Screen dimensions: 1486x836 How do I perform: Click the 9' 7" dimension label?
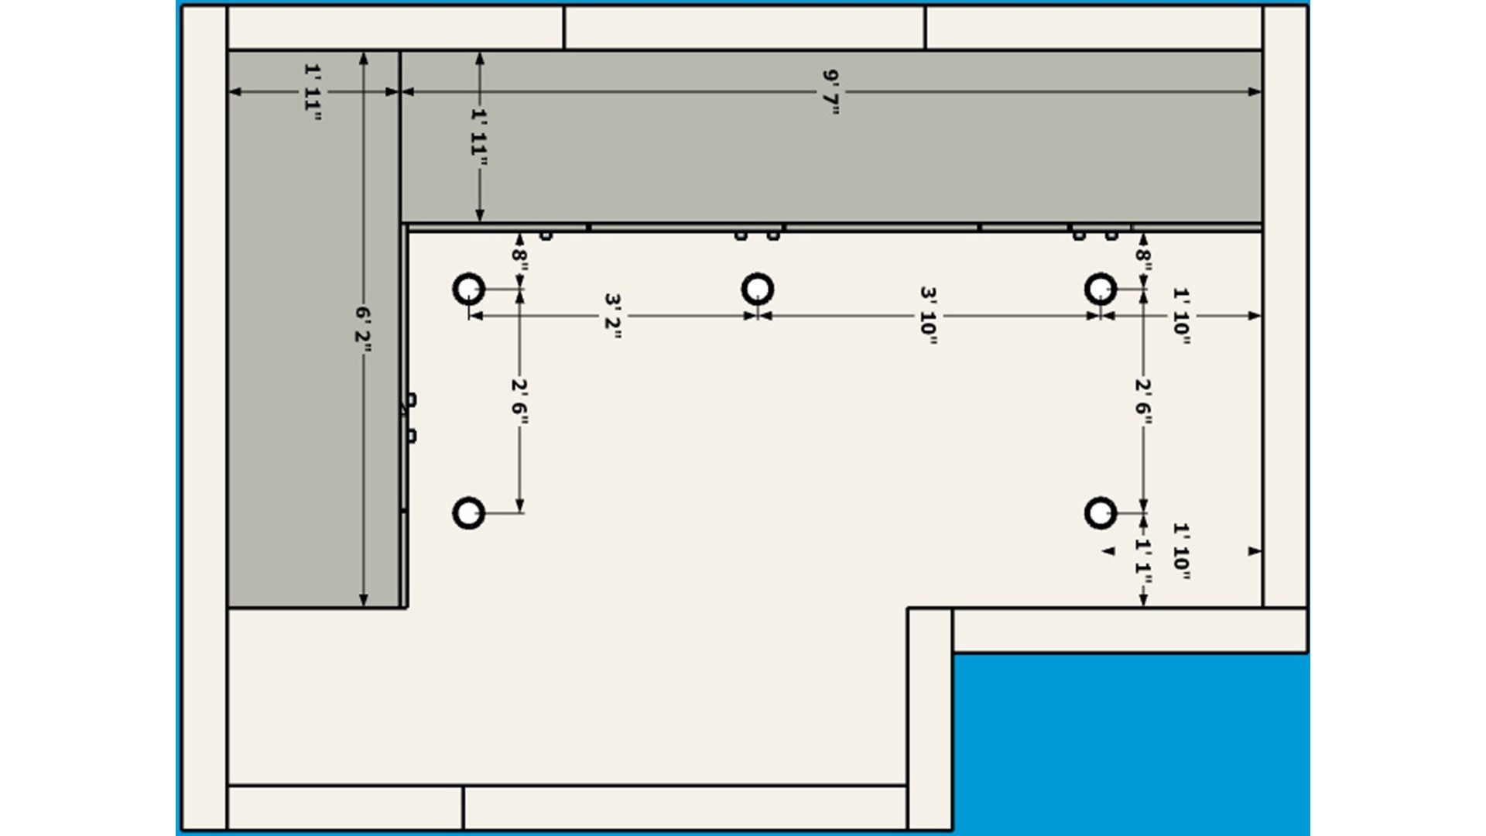tap(831, 92)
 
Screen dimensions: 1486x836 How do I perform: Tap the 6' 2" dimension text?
tap(364, 329)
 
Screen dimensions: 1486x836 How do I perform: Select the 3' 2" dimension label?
tap(613, 316)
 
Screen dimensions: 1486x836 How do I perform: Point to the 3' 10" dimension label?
tap(929, 316)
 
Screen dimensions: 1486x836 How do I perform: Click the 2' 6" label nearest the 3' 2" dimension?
tap(519, 402)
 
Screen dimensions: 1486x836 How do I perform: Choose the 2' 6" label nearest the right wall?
tap(1143, 402)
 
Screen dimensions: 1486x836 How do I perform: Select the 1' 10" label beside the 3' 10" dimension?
tap(1181, 316)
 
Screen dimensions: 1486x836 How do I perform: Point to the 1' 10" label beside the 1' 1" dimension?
tap(1181, 551)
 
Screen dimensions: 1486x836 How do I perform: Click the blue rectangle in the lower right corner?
tap(1132, 743)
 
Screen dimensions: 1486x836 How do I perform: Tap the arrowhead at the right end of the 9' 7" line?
tap(1255, 92)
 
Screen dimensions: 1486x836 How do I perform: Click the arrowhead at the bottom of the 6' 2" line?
tap(364, 601)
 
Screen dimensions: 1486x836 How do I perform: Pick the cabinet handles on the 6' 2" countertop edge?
tap(411, 418)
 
